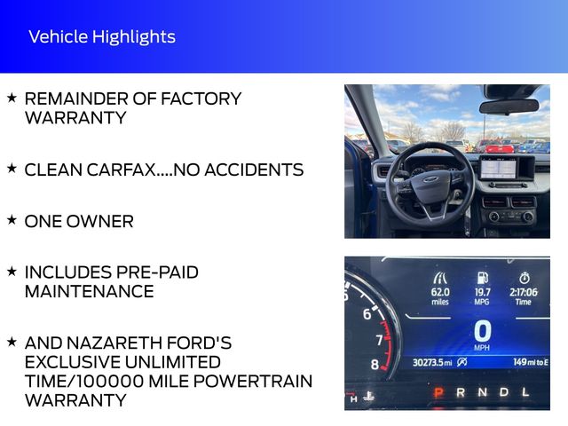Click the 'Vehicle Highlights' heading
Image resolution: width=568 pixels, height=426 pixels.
pyautogui.click(x=101, y=36)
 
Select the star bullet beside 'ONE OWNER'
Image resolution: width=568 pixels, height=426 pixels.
pyautogui.click(x=11, y=220)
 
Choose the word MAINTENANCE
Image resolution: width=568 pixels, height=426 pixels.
pyautogui.click(x=89, y=291)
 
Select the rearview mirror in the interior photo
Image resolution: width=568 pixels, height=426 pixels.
pyautogui.click(x=509, y=106)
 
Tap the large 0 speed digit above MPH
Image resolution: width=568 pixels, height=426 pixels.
pyautogui.click(x=482, y=331)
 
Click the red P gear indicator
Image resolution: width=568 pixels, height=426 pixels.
pyautogui.click(x=437, y=392)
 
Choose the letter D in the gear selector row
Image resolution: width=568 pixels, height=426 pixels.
pyautogui.click(x=504, y=392)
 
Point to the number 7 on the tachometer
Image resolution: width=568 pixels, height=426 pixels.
pyautogui.click(x=379, y=339)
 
